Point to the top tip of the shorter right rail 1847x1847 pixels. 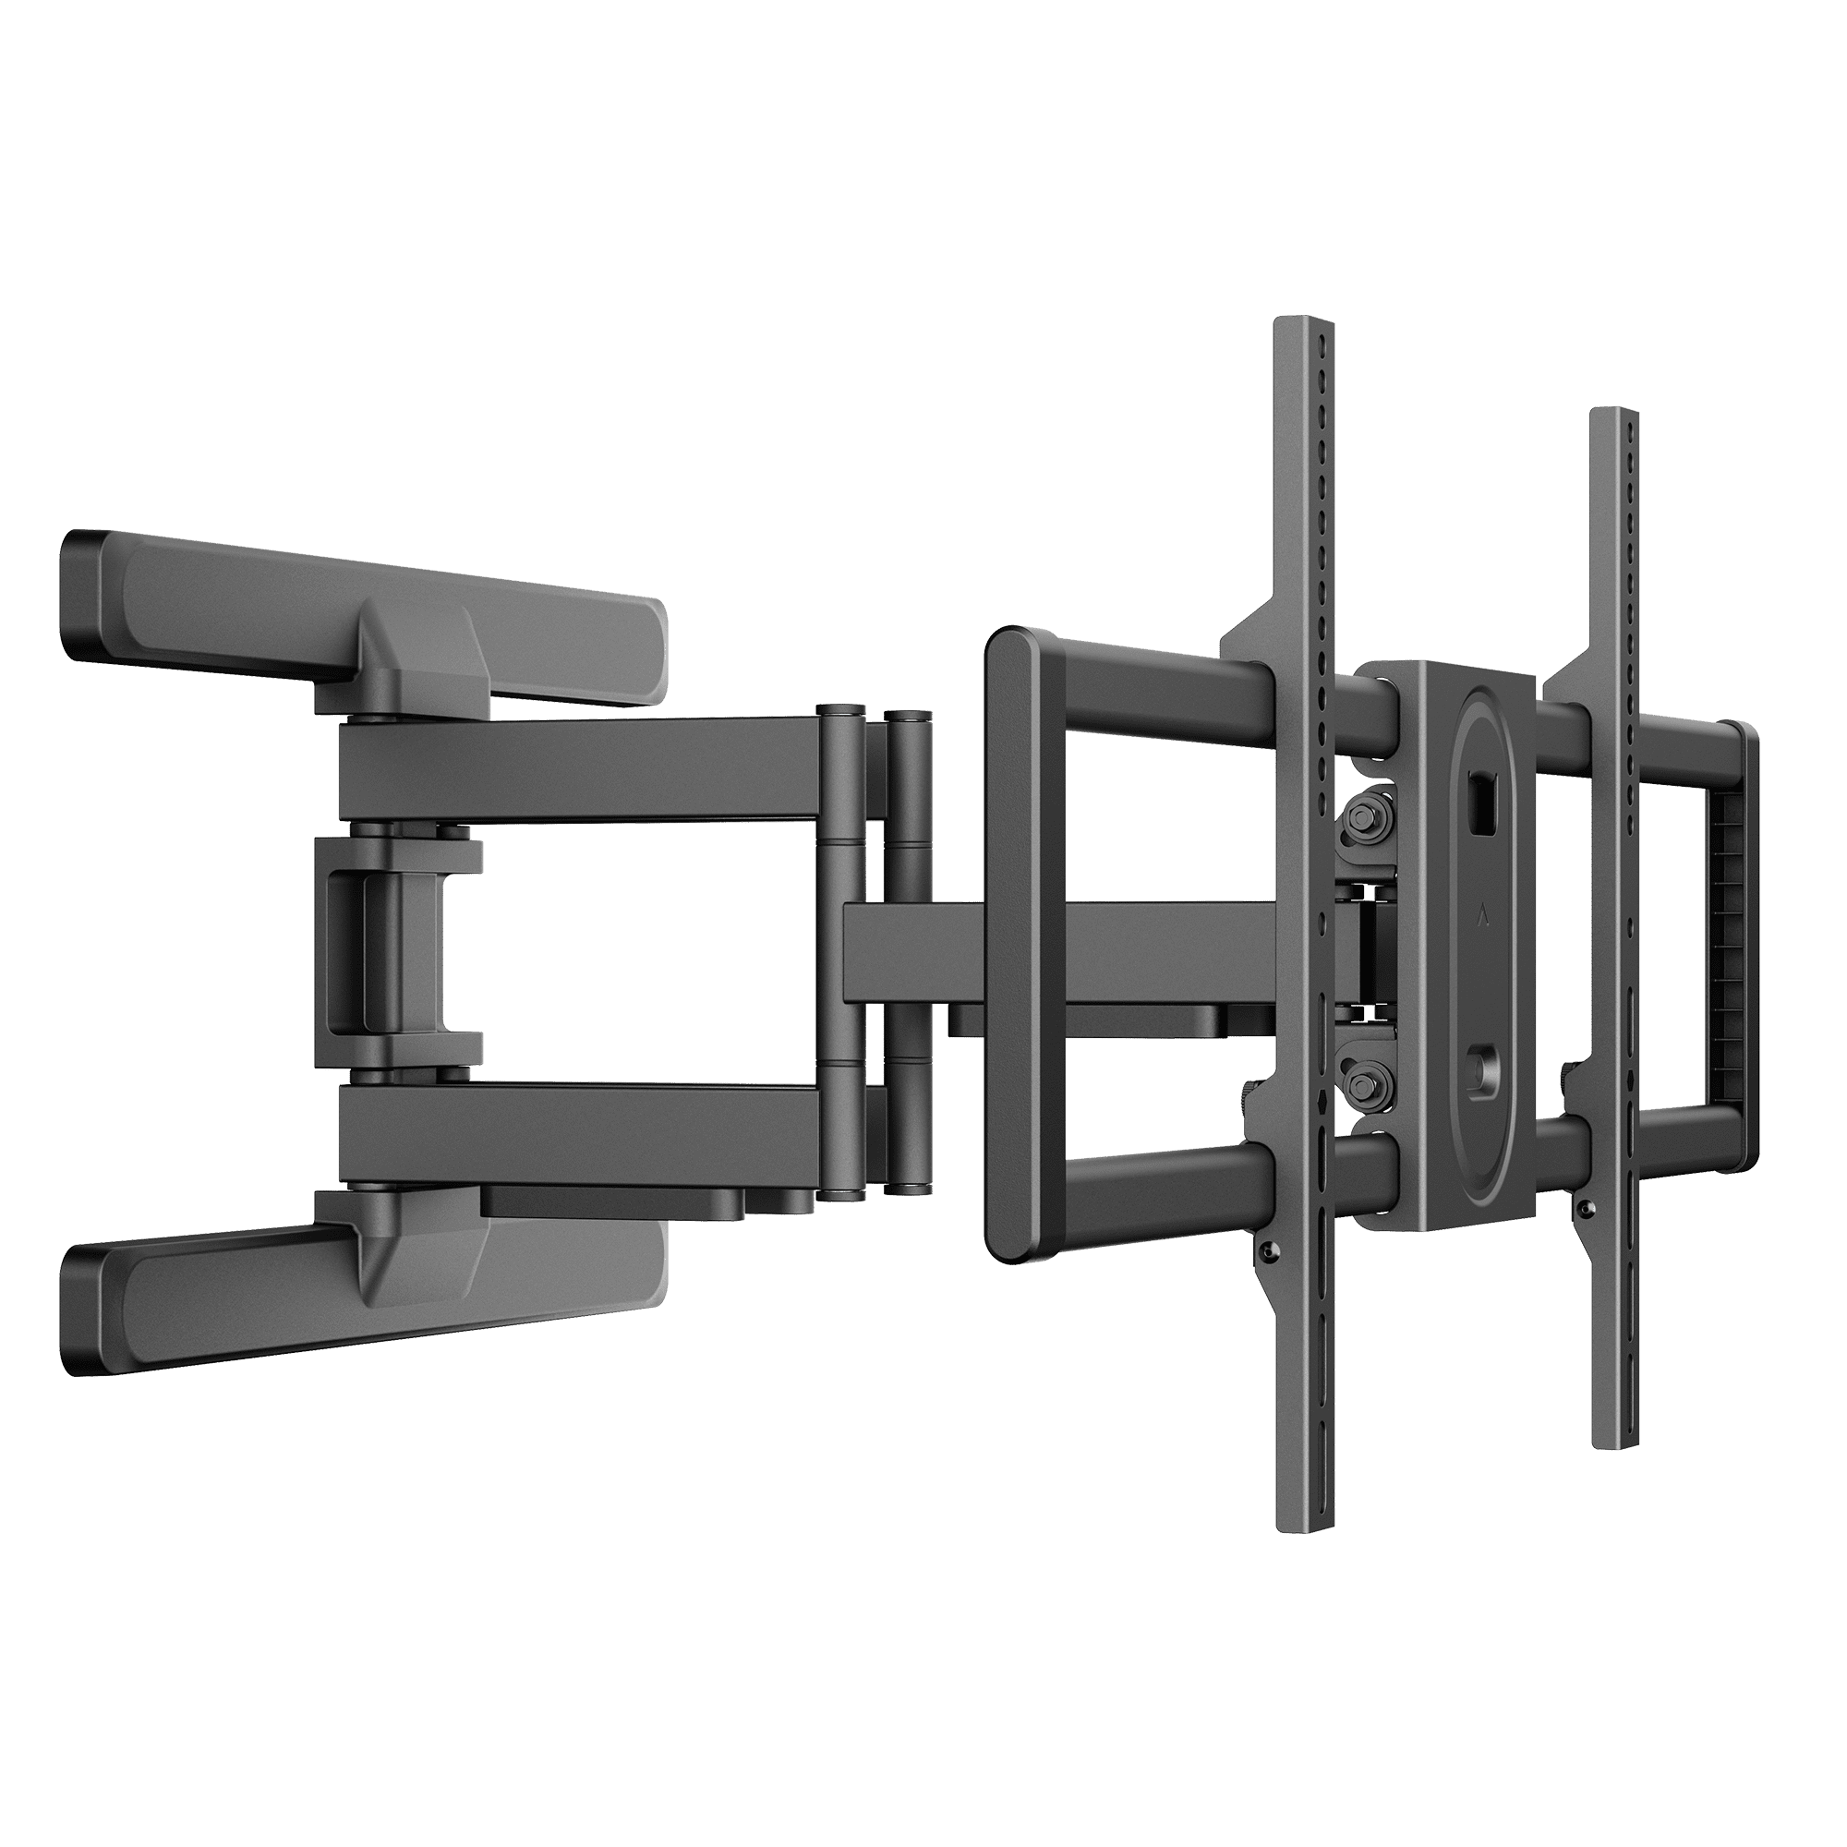click(x=1615, y=413)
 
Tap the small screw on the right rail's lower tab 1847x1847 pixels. click(x=1587, y=1211)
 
